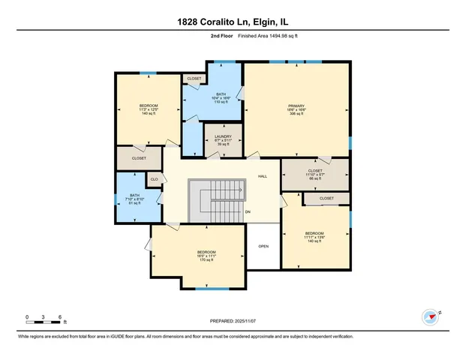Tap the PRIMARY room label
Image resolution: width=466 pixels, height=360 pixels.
296,109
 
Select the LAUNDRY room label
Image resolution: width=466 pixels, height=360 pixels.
223,140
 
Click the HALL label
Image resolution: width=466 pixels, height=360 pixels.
263,176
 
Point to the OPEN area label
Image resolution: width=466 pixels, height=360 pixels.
263,246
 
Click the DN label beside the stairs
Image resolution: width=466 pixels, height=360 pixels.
248,212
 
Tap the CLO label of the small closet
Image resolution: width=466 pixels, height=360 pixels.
155,180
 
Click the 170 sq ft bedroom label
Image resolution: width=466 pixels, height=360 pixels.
206,256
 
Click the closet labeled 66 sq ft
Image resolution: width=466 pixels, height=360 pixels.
315,175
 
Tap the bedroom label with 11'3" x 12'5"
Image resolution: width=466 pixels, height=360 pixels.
149,109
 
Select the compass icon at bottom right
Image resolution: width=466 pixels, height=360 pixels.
431,317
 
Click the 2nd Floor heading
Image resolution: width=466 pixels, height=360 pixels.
200,34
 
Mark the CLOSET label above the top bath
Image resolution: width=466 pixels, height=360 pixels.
194,78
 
